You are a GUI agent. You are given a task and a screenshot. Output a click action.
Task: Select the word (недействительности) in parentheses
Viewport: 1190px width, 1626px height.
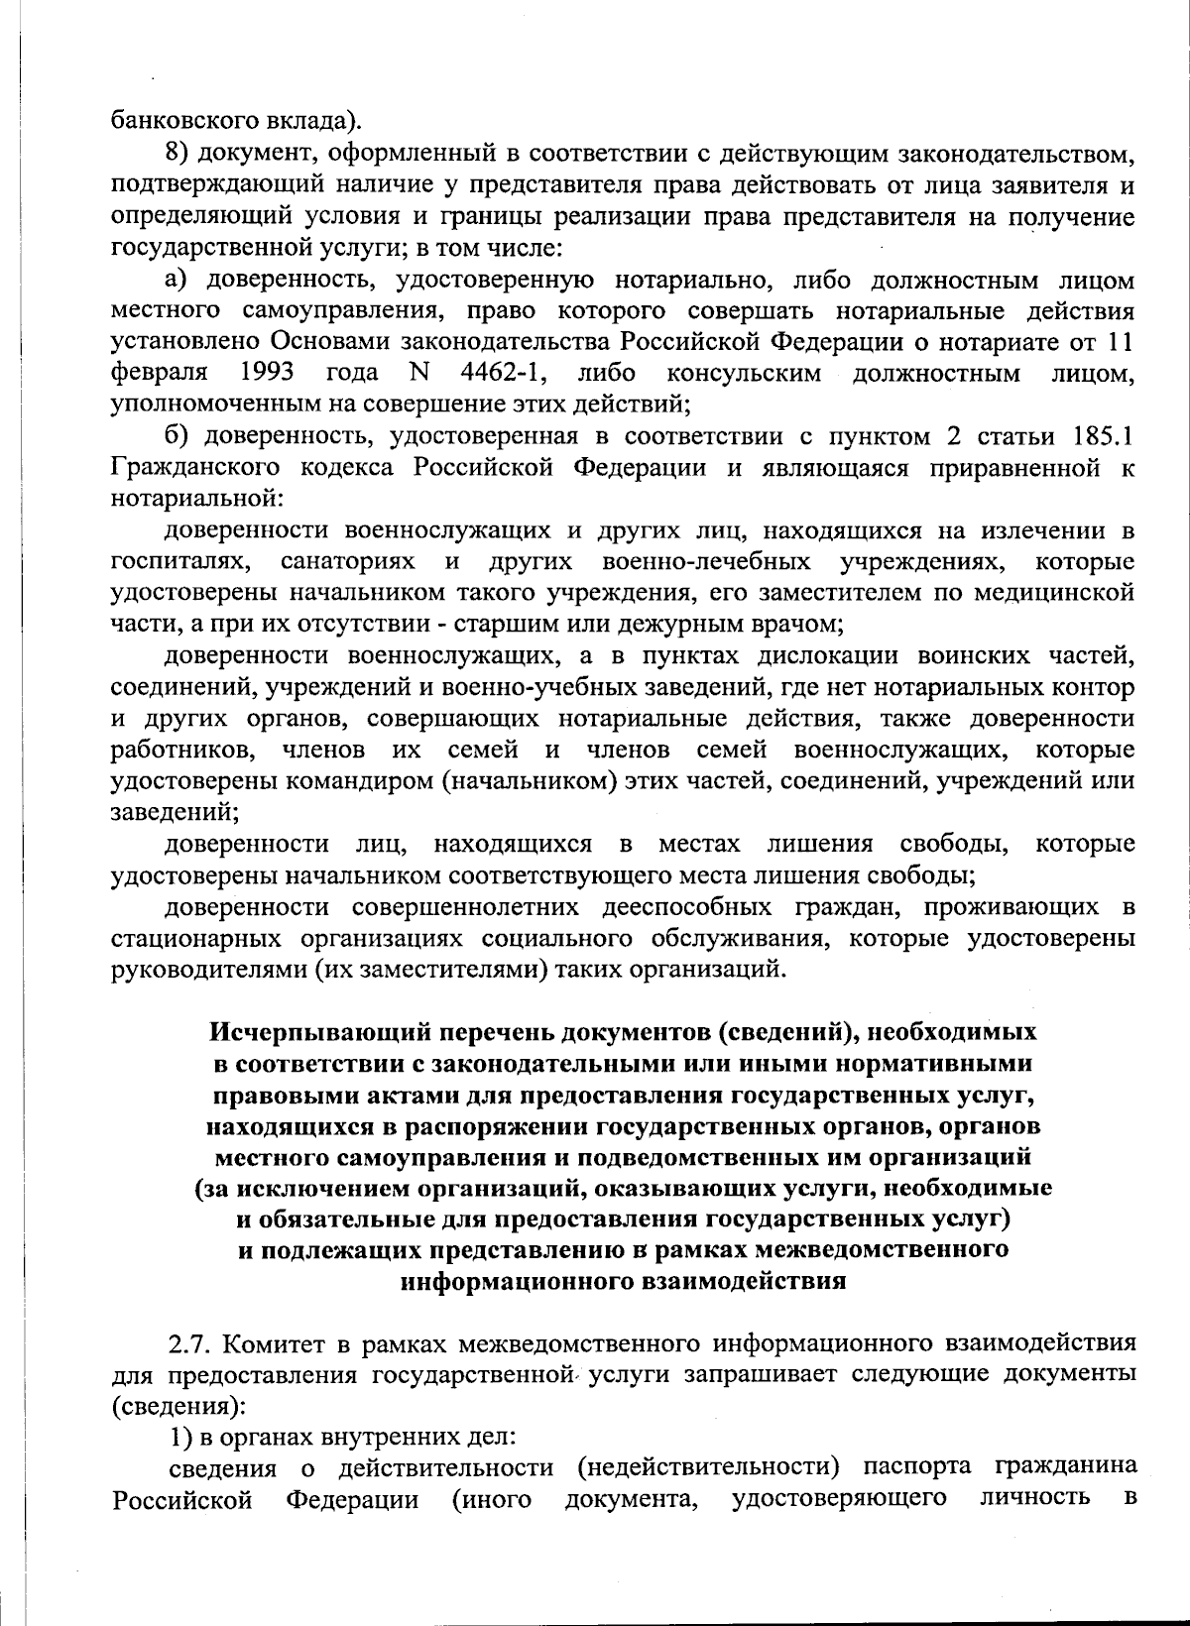[x=705, y=1466]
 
